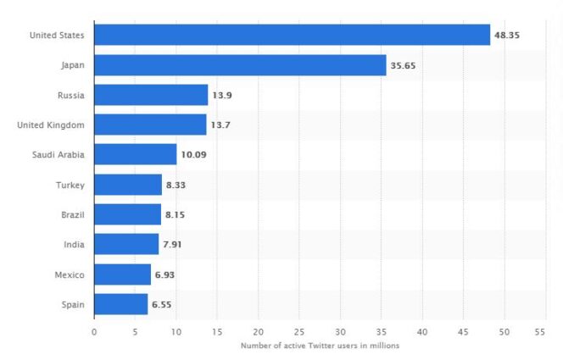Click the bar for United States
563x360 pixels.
point(292,35)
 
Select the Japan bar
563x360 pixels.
point(240,65)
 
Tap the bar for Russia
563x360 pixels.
point(151,95)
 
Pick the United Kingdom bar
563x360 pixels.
point(150,125)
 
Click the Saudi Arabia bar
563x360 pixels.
point(135,155)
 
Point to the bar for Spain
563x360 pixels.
point(120,305)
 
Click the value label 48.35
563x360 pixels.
point(506,36)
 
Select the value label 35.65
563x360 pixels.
point(403,65)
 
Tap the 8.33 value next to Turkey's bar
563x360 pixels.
point(176,186)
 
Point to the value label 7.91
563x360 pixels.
point(172,245)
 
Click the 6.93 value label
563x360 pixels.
point(165,275)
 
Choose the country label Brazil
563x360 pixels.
point(70,215)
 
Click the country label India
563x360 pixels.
point(73,245)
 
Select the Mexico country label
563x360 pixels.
point(69,275)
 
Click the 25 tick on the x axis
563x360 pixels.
point(299,331)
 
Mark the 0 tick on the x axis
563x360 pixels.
point(94,331)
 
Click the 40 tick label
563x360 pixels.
point(422,331)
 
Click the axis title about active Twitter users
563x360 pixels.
point(319,346)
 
